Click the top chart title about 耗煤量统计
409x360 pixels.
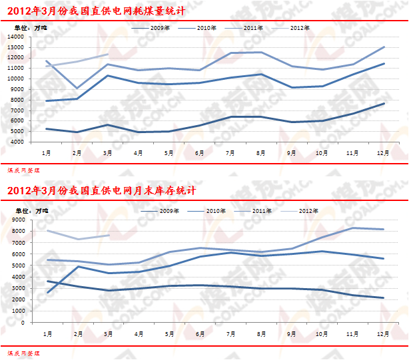(96, 11)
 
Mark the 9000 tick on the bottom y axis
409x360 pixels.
(17, 220)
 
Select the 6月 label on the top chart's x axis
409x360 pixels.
(199, 152)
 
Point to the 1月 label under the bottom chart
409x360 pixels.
(47, 333)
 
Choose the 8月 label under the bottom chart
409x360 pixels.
(260, 333)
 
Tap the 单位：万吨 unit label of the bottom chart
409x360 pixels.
(31, 210)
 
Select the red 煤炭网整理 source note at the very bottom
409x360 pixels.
(22, 352)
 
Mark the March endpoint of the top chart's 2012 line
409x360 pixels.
(108, 55)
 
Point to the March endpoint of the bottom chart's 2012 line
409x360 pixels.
(108, 235)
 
